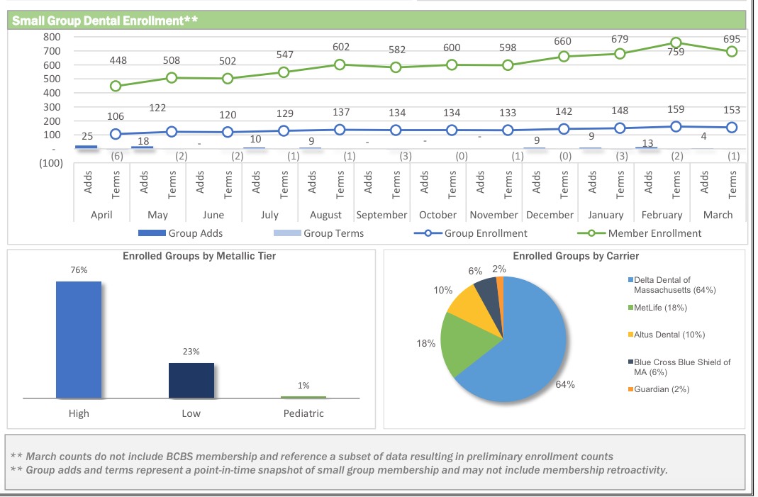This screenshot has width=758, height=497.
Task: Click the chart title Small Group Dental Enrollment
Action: (105, 21)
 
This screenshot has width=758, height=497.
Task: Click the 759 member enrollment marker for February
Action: (676, 43)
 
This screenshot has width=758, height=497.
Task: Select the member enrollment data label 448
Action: (118, 60)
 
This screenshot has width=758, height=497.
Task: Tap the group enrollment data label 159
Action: (676, 109)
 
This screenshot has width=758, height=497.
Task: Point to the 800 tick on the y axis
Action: (52, 37)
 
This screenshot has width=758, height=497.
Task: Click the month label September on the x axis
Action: (381, 215)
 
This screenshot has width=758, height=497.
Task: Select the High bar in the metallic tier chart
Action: (79, 340)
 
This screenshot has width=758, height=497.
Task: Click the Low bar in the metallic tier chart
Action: (191, 381)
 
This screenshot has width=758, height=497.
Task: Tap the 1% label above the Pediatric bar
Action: (303, 386)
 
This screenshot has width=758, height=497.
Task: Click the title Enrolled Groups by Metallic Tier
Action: (199, 256)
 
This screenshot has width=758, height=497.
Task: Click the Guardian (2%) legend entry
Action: (661, 389)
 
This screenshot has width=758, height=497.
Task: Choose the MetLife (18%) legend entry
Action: (659, 308)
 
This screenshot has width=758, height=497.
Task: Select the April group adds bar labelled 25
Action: (86, 147)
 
